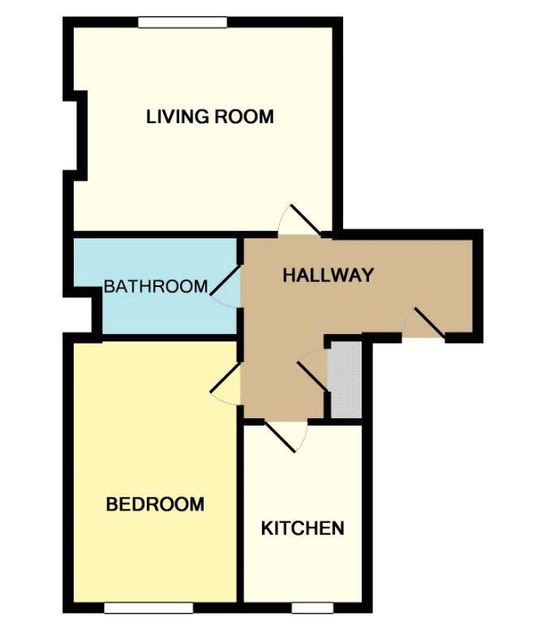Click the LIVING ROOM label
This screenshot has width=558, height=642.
coord(210,117)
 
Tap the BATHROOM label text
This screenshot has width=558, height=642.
coord(156,286)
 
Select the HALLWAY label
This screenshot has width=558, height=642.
coord(328,275)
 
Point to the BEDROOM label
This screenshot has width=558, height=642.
coord(155,504)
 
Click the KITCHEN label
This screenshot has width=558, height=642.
coord(303,529)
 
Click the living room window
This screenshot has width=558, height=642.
coord(182,22)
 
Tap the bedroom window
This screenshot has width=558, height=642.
coord(148,608)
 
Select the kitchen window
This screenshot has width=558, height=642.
coord(312,608)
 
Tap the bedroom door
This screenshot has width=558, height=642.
coord(225,378)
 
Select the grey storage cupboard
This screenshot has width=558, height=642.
coord(346,379)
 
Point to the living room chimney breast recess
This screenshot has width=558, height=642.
coord(80,135)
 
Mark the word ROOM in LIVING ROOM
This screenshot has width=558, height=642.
coord(244,117)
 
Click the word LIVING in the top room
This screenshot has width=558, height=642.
coord(178,117)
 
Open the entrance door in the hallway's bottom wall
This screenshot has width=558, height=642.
coord(424,323)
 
